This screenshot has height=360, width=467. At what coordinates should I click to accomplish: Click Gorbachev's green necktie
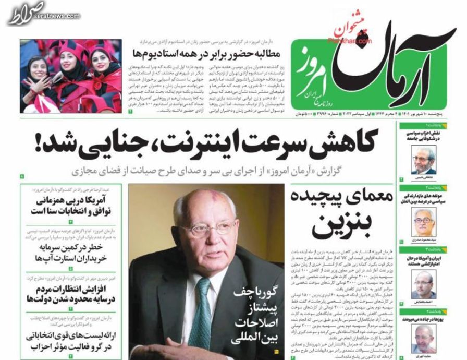point(201,308)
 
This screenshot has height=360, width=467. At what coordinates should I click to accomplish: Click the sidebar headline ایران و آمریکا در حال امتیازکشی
point(430,260)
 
